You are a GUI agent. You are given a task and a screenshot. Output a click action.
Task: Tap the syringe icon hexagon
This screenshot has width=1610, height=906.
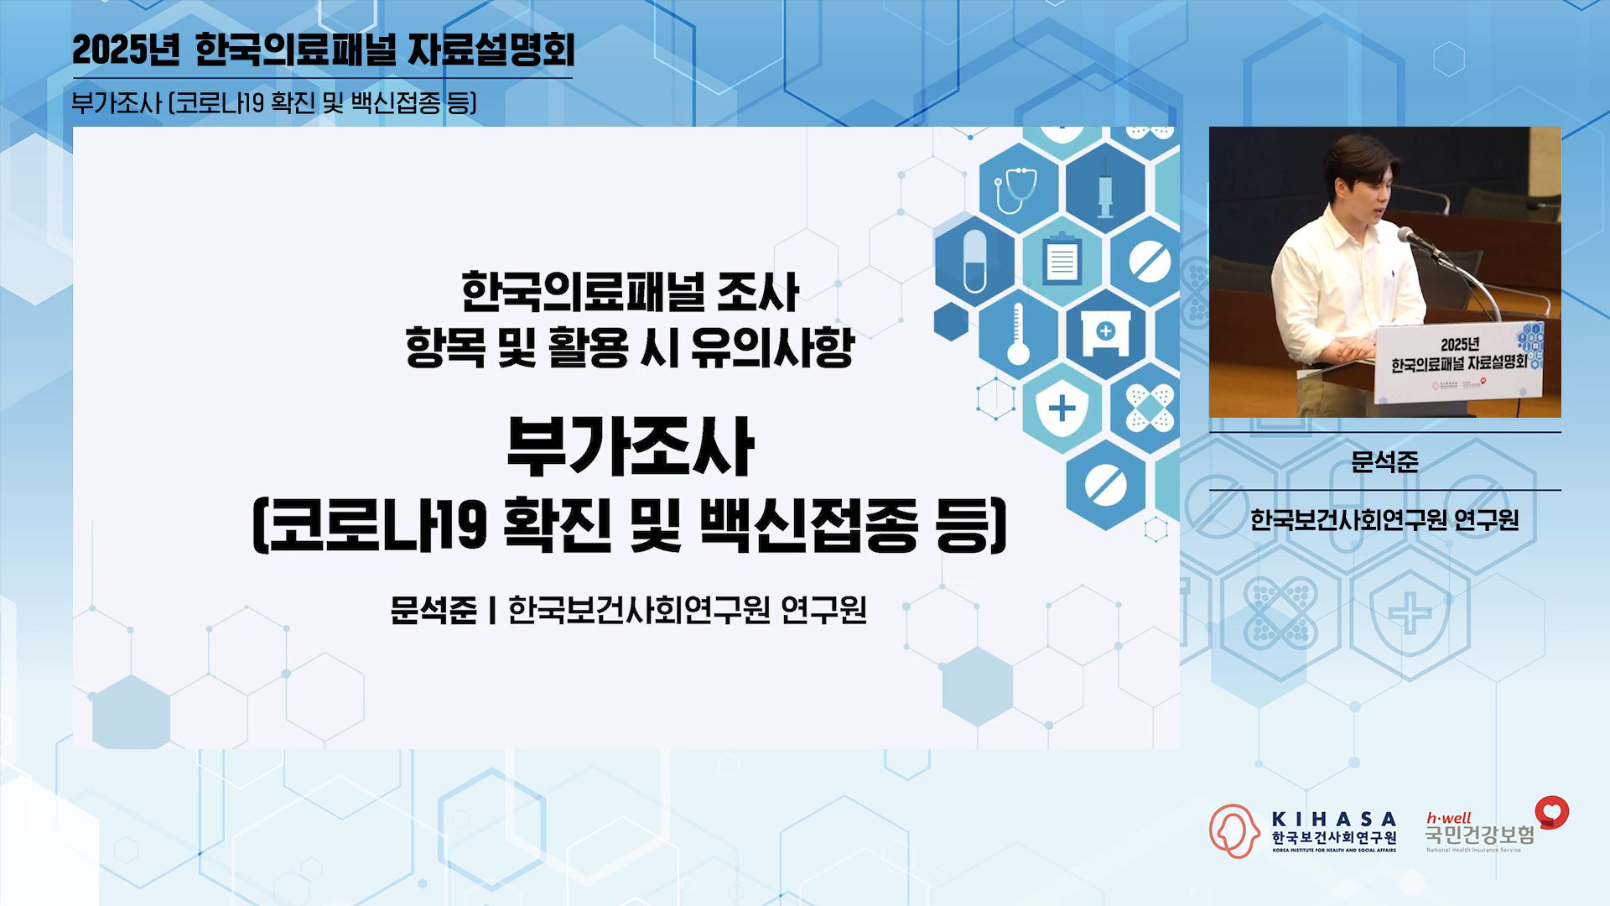coord(1105,189)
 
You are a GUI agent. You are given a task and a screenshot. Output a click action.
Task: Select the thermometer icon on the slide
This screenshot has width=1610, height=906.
coord(1018,334)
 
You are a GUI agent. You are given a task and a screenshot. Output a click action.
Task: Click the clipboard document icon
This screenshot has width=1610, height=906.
coord(1062,258)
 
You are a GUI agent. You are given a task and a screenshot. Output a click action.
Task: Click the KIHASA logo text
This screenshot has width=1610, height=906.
coord(1334,819)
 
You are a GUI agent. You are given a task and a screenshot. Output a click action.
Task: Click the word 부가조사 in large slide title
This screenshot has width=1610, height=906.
coord(630,447)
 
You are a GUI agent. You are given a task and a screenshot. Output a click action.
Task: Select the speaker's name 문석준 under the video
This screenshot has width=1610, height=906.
coord(1384,461)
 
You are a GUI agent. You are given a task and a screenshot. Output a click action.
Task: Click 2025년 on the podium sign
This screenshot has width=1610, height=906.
coord(1460,344)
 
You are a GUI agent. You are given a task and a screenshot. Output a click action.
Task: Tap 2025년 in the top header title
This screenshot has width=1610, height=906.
coord(126,50)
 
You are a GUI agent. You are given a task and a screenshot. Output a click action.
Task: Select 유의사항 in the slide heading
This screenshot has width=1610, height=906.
coord(772,347)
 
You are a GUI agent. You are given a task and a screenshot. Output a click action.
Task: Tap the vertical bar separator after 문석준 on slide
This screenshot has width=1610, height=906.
coord(493,610)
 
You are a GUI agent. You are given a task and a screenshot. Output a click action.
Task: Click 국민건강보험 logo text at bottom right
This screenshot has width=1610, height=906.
coord(1480,835)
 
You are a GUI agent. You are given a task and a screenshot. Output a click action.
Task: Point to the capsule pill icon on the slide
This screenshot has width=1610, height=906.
coord(974,261)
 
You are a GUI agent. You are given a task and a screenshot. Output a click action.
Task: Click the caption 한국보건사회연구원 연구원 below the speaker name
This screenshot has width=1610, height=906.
coord(1384,520)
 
